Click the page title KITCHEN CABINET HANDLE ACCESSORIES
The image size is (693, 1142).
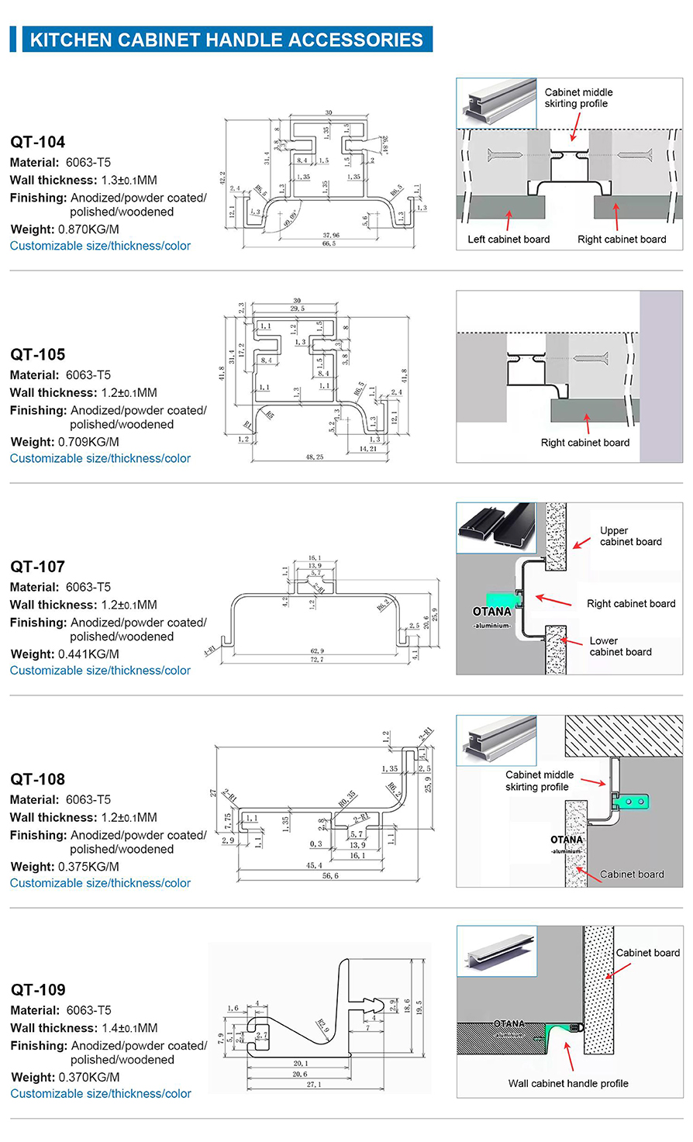[x=226, y=40]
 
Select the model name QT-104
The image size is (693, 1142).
[x=38, y=142]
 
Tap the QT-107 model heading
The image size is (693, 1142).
[x=38, y=567]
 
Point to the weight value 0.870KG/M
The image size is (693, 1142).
[x=88, y=229]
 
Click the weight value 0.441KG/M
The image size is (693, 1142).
[x=88, y=654]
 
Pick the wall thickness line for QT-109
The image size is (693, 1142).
[x=84, y=1028]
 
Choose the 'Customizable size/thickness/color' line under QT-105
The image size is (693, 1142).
[x=100, y=458]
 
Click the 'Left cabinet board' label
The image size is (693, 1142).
[x=509, y=239]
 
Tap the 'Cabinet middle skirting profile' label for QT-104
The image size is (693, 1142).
[x=578, y=98]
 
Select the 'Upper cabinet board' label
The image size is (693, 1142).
[x=630, y=536]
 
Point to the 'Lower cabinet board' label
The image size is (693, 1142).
[x=620, y=647]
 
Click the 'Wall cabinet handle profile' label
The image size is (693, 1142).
[x=568, y=1083]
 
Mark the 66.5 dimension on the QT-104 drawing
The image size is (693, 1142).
[x=329, y=243]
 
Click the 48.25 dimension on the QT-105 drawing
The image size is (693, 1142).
[x=315, y=457]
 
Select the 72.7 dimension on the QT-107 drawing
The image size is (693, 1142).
[x=317, y=660]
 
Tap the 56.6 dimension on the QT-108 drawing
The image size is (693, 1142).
[x=330, y=876]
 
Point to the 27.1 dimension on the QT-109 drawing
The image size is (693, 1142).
[x=312, y=1085]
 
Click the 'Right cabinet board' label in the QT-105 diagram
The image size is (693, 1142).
[x=585, y=443]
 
